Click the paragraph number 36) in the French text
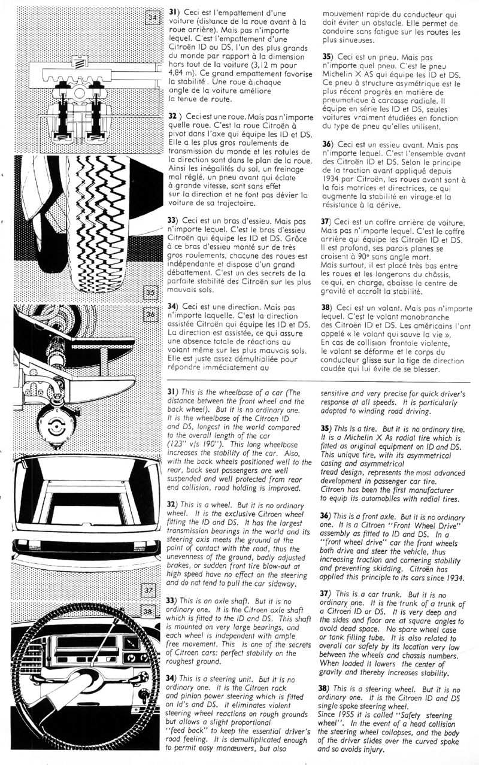328,144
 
